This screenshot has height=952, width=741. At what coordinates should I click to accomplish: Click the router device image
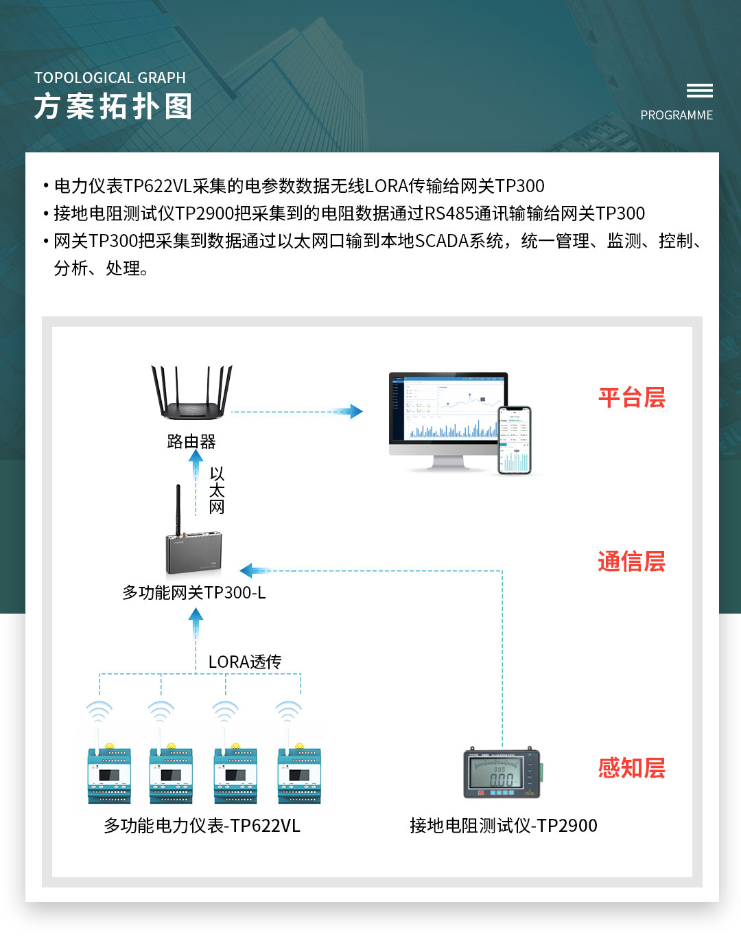191,394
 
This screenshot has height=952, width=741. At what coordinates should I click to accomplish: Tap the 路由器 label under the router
191,441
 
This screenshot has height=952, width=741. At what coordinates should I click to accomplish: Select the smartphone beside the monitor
515,440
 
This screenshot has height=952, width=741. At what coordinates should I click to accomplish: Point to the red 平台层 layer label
631,397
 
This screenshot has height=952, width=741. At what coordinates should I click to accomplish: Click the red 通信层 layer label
631,561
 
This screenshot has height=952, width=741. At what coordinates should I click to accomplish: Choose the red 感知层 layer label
631,767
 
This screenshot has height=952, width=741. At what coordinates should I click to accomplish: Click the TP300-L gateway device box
194,552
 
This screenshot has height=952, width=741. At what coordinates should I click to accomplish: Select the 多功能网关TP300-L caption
194,592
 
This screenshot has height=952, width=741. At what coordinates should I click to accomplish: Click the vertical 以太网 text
217,491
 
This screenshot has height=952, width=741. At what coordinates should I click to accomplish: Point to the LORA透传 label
245,662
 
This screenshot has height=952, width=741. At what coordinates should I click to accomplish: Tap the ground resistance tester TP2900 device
502,773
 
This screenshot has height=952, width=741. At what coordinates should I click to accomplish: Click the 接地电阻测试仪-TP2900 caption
503,825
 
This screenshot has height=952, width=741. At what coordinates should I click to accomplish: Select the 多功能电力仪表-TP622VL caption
202,825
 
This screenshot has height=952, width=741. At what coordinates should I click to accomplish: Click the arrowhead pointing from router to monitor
355,411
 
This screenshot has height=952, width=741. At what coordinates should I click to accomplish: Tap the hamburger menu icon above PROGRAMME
699,91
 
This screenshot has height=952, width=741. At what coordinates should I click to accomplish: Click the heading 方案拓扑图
113,107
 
